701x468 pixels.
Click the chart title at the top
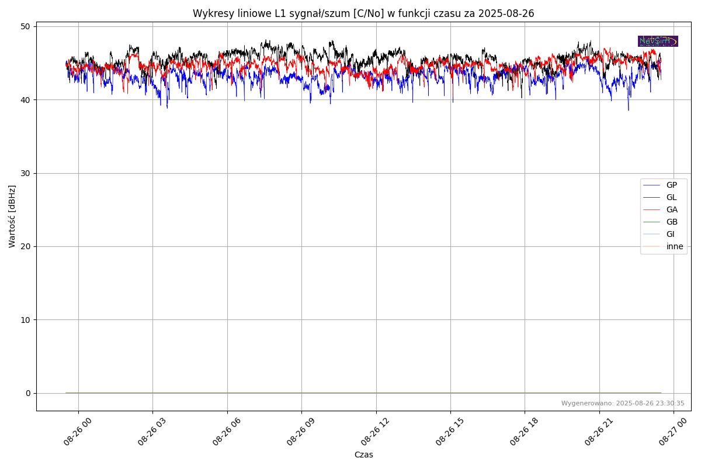tap(363, 13)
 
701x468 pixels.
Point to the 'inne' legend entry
tap(675, 246)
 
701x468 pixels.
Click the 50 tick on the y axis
tap(27, 26)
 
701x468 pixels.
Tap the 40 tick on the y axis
tap(27, 100)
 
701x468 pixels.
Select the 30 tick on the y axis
tap(27, 173)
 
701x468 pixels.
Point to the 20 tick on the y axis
tap(27, 246)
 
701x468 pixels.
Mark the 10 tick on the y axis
tap(27, 320)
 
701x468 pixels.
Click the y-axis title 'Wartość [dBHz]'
tap(12, 216)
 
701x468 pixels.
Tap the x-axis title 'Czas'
tap(363, 455)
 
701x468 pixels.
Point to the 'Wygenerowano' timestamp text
tap(623, 403)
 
